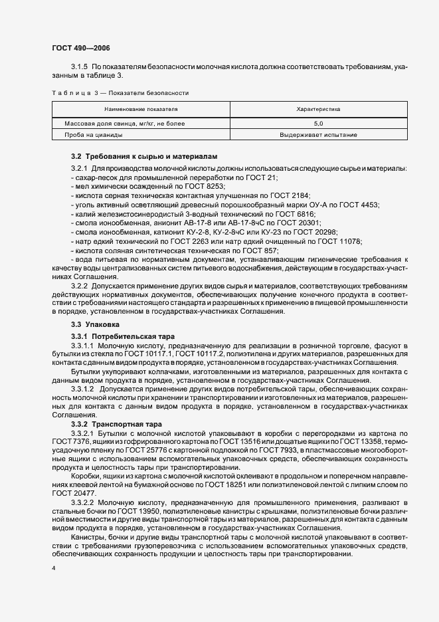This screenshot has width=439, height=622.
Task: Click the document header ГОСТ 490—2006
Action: click(81, 48)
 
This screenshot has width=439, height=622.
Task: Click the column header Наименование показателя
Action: click(140, 107)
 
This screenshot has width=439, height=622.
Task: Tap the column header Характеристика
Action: click(317, 107)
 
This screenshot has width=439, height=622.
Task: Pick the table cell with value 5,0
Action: click(317, 124)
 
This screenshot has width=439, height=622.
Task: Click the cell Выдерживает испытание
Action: click(317, 135)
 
